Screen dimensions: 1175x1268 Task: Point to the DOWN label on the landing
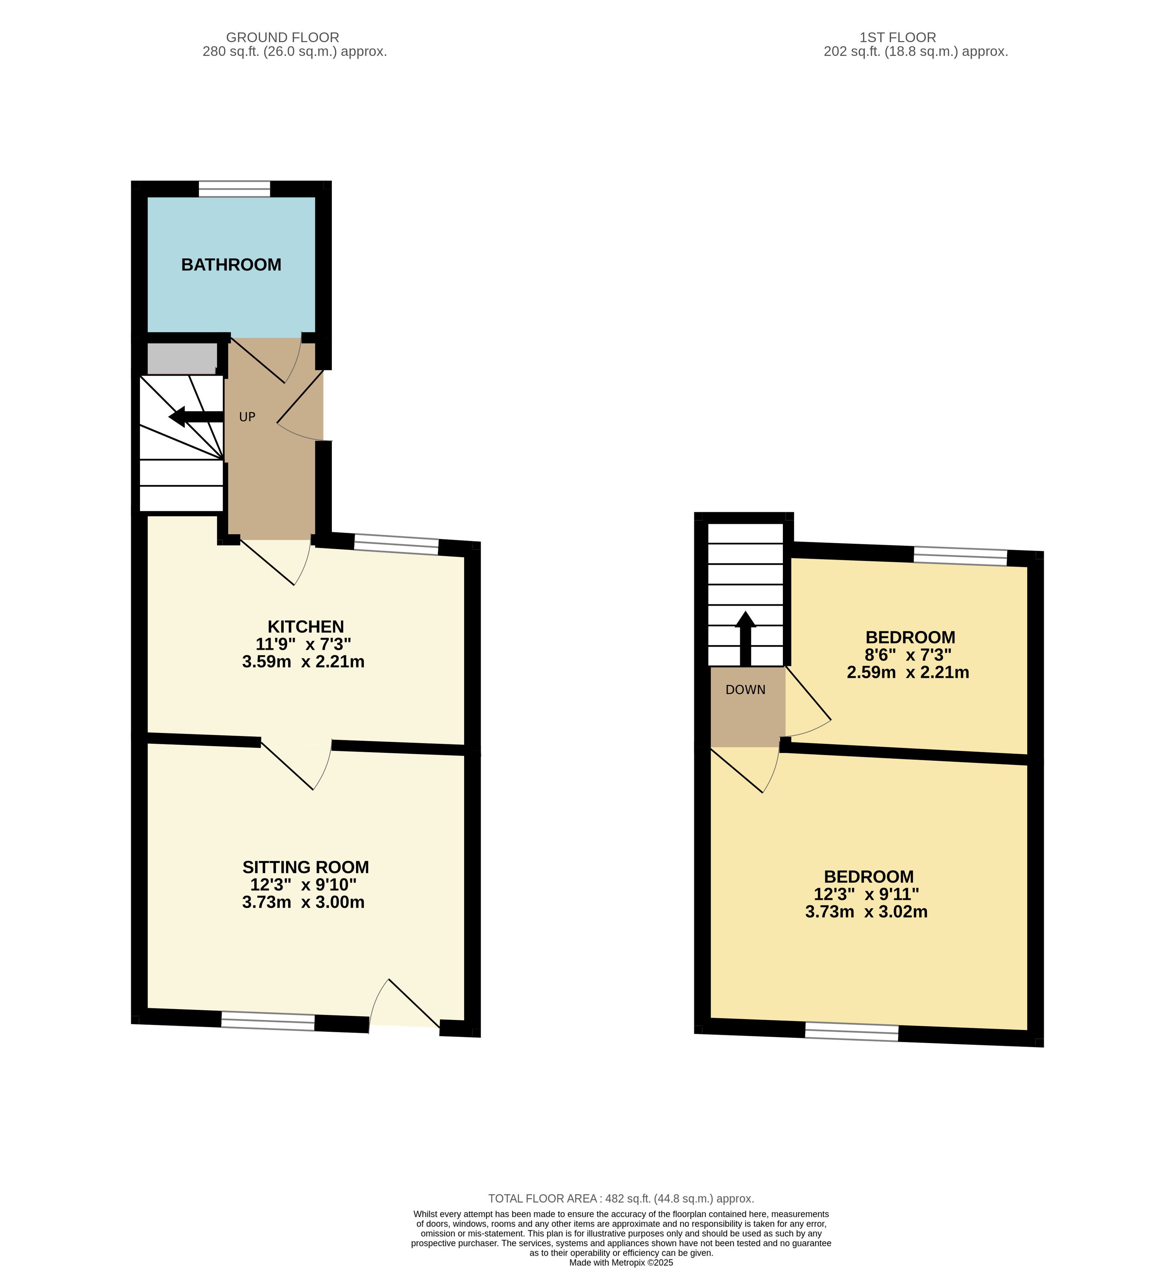coord(745,690)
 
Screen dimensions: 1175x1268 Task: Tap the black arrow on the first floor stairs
coord(745,638)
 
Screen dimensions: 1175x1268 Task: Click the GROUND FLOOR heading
coord(282,38)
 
